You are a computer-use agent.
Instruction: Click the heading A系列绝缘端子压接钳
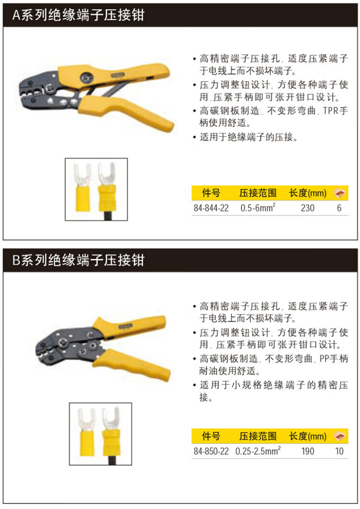78,15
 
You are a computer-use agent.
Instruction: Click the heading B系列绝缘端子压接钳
78,260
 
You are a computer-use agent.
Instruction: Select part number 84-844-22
211,208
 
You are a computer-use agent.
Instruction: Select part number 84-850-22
211,451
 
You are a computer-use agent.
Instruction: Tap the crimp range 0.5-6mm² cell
258,207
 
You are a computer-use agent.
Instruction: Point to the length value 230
307,208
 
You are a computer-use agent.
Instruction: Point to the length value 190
307,451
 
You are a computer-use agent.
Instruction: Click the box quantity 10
339,451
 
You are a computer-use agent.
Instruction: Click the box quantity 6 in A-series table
339,208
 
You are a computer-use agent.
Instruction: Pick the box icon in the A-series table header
340,193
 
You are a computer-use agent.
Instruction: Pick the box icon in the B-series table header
340,436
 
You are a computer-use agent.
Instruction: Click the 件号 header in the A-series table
211,193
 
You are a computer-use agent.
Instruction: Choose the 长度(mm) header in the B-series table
307,436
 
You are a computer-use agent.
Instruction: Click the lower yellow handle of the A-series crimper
127,112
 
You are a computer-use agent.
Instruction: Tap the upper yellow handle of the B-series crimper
130,326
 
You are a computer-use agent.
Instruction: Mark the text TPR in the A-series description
331,111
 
